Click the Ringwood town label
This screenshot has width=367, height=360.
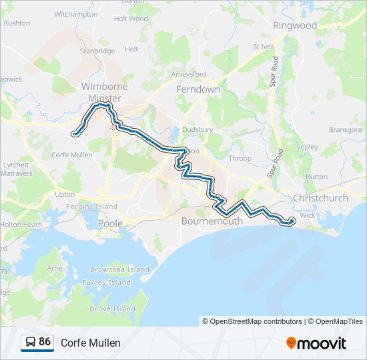(x=295, y=25)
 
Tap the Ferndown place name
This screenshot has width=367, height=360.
(x=198, y=89)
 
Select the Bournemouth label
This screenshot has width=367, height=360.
(x=211, y=220)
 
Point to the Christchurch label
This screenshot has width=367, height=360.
(x=320, y=198)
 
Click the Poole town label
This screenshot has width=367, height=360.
(x=110, y=223)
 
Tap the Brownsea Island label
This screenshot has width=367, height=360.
(x=120, y=269)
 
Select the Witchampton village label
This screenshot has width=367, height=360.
(x=75, y=14)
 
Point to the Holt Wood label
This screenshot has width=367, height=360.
(x=131, y=19)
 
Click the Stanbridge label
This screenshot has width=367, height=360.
(x=97, y=50)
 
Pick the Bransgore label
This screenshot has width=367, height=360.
(x=344, y=130)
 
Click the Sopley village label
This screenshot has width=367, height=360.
(x=307, y=147)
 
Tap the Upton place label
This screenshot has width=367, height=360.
(x=65, y=195)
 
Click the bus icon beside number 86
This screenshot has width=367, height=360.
(x=31, y=342)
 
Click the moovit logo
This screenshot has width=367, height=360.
(x=316, y=343)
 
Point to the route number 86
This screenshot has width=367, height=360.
(x=45, y=342)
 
